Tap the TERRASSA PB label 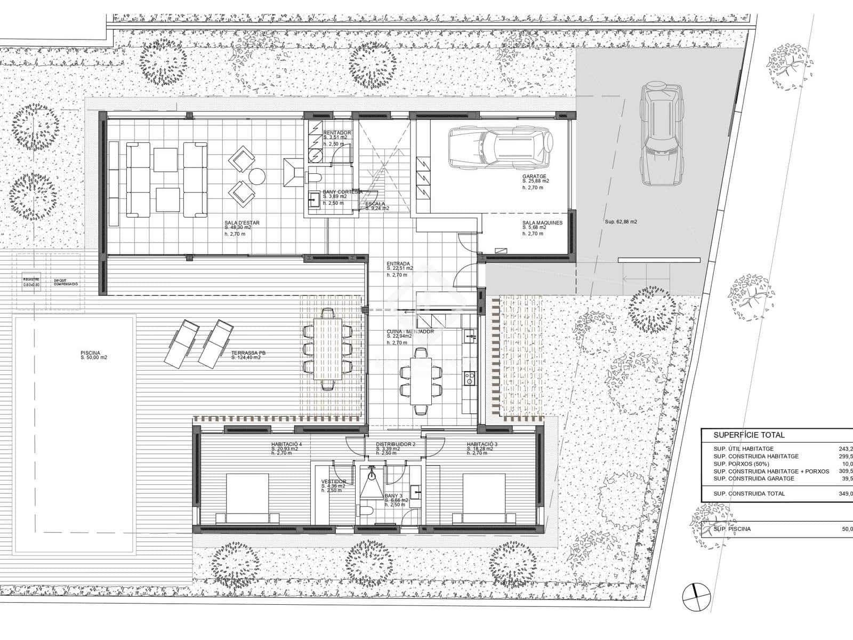[245, 355]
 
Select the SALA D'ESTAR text [242, 225]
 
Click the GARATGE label [535, 179]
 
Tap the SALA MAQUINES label [542, 225]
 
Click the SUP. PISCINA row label [732, 529]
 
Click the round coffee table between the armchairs [257, 177]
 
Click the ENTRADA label [398, 266]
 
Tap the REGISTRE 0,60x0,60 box [31, 282]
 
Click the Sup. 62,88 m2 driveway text [621, 221]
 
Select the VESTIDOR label [334, 483]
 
